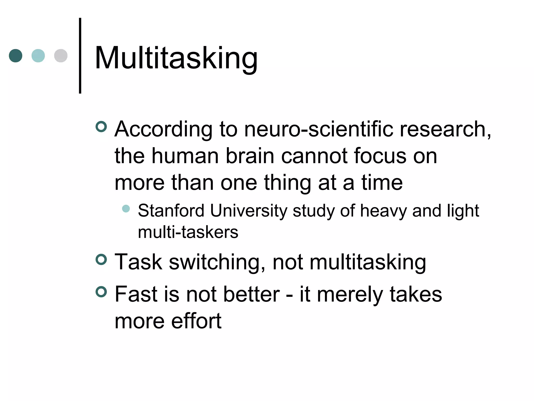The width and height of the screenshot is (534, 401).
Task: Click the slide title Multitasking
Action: click(x=176, y=58)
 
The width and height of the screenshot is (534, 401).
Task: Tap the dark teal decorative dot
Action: click(x=16, y=56)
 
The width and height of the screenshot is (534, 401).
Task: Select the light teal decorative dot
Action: click(x=38, y=56)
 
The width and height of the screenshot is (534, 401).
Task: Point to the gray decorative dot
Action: click(x=61, y=56)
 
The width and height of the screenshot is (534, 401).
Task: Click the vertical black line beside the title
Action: click(x=80, y=56)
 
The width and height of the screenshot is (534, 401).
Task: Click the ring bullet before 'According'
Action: click(x=101, y=127)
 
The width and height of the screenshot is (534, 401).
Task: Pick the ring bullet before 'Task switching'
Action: click(x=101, y=260)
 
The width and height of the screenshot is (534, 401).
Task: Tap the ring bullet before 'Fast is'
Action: click(x=101, y=292)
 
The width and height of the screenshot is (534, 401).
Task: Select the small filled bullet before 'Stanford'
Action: click(x=126, y=209)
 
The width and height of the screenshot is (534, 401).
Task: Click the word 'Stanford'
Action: click(x=171, y=210)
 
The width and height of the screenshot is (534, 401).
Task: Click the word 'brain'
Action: click(x=250, y=156)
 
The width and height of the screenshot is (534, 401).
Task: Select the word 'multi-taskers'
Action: click(x=188, y=232)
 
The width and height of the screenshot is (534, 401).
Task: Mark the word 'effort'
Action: click(x=196, y=321)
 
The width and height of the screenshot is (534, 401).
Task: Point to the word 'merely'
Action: click(x=350, y=294)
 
